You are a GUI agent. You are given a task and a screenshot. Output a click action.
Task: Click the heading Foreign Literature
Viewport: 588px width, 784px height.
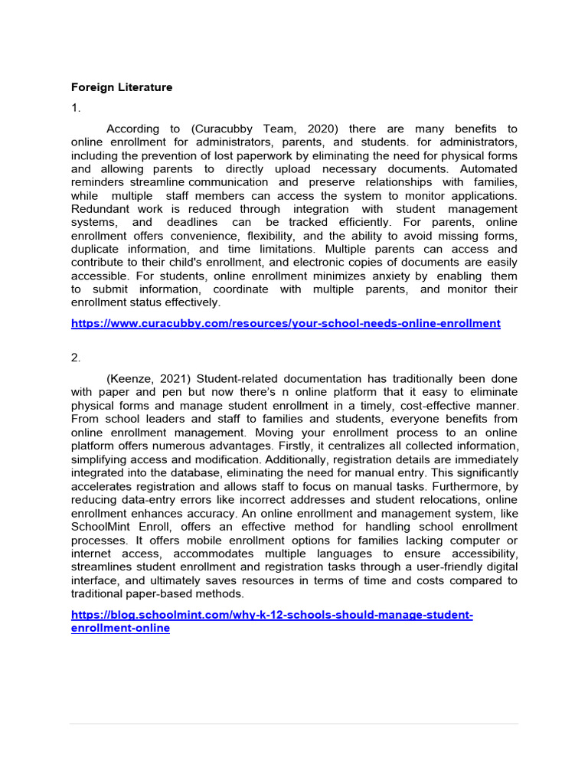pos(122,87)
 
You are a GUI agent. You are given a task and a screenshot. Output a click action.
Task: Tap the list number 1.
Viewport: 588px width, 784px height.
pos(75,108)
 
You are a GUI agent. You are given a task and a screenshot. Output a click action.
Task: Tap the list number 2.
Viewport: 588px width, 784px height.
pos(75,358)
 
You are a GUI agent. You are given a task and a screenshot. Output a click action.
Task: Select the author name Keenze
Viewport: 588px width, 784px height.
pos(133,379)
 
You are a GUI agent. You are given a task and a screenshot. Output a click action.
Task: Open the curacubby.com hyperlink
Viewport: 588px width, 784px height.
pos(286,324)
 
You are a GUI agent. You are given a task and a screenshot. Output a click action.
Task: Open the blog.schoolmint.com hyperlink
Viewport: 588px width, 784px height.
pos(272,615)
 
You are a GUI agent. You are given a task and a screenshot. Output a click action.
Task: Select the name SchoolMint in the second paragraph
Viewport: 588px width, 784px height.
pos(103,527)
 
